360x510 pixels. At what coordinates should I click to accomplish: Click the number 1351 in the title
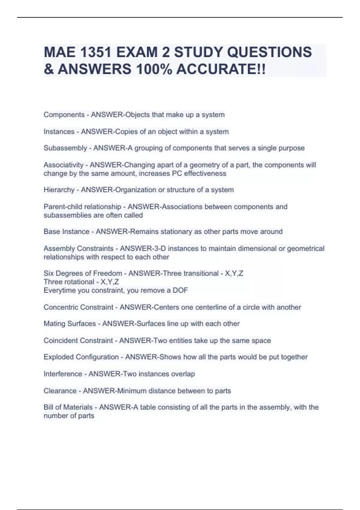(x=95, y=52)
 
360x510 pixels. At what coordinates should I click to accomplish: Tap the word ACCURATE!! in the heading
(x=221, y=69)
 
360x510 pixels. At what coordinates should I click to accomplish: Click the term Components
(x=64, y=115)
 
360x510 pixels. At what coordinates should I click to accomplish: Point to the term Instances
(x=59, y=131)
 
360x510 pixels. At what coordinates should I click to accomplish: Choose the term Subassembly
(x=65, y=148)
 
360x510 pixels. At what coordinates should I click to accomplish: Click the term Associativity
(x=63, y=165)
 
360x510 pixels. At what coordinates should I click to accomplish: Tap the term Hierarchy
(x=59, y=190)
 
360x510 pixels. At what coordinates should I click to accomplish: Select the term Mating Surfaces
(x=70, y=323)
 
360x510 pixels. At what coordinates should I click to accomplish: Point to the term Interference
(x=63, y=374)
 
